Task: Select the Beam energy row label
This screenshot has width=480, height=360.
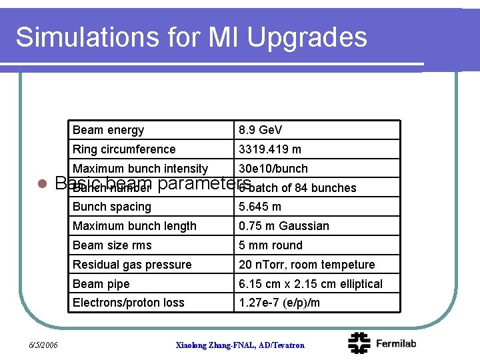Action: pyautogui.click(x=108, y=130)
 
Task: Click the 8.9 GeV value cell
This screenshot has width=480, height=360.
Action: pyautogui.click(x=261, y=130)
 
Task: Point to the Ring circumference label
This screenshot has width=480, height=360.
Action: pyautogui.click(x=124, y=149)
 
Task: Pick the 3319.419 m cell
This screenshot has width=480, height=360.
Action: pyautogui.click(x=270, y=149)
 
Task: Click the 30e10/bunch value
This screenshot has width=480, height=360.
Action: pyautogui.click(x=273, y=169)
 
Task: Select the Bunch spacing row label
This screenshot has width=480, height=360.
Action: pyautogui.click(x=112, y=207)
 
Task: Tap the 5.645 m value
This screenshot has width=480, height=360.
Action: pyautogui.click(x=260, y=207)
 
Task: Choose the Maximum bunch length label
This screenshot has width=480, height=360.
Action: pyautogui.click(x=135, y=226)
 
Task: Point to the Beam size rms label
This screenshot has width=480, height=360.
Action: pyautogui.click(x=112, y=245)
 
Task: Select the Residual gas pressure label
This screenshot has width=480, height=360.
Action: pyautogui.click(x=132, y=265)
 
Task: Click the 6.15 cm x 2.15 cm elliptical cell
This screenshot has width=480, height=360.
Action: pyautogui.click(x=311, y=284)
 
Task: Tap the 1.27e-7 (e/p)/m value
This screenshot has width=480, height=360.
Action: pyautogui.click(x=279, y=303)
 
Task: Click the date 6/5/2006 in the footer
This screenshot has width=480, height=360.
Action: pyautogui.click(x=43, y=345)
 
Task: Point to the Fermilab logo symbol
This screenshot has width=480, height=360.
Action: pyautogui.click(x=360, y=343)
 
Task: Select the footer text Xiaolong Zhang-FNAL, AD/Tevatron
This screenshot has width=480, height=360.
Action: pyautogui.click(x=240, y=345)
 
